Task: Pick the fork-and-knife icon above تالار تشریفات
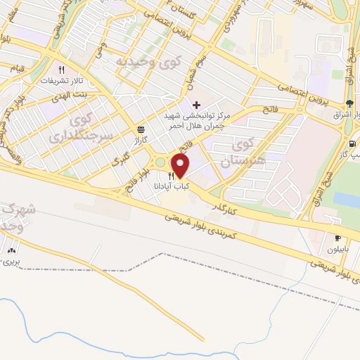click(62, 70)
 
